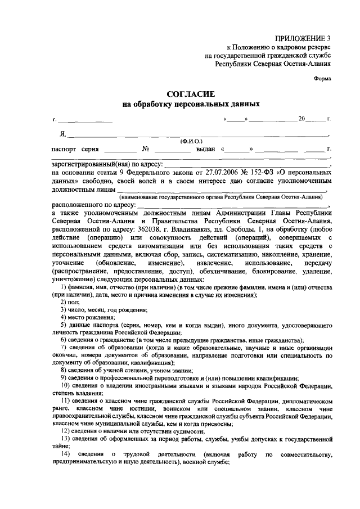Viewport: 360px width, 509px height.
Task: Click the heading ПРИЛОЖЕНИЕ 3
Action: coord(302,38)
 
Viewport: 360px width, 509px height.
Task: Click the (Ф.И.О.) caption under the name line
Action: coord(191,141)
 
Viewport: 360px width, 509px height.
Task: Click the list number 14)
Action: coord(66,454)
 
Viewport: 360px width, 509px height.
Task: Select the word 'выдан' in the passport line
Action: coord(206,150)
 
